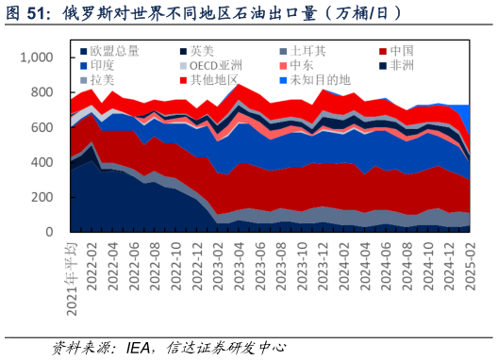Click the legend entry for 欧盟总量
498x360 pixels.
coord(112,50)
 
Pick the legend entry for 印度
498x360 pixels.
coord(103,65)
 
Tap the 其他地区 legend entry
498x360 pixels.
coord(213,80)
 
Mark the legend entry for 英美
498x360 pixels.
coord(201,50)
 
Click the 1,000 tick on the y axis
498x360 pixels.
coord(39,58)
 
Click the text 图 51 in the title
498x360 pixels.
coord(30,13)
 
